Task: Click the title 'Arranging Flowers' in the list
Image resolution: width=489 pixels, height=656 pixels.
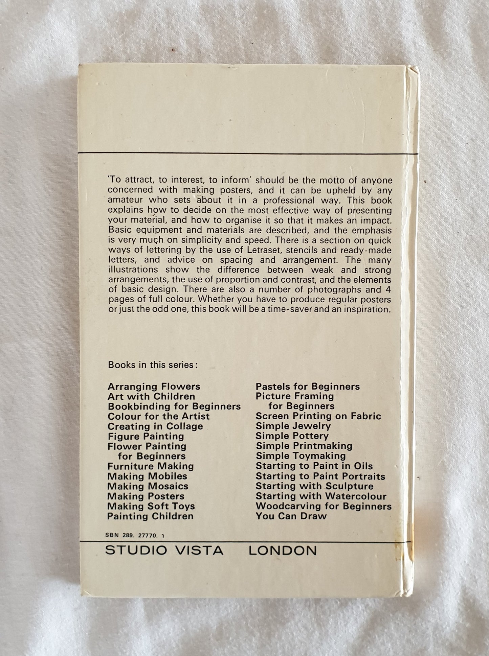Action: pyautogui.click(x=154, y=386)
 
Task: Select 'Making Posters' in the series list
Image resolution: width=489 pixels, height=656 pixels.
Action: pyautogui.click(x=146, y=496)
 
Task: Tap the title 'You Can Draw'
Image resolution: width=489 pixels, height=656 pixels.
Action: pyautogui.click(x=291, y=516)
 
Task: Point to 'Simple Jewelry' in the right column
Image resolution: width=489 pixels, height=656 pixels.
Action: pyautogui.click(x=293, y=426)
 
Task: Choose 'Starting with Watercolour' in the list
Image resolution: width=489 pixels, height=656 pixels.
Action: pyautogui.click(x=321, y=496)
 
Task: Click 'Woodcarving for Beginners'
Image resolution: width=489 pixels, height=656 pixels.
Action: pyautogui.click(x=324, y=506)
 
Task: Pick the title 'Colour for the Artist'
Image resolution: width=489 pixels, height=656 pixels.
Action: pyautogui.click(x=159, y=416)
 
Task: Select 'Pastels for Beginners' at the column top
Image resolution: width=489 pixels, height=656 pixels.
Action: pyautogui.click(x=308, y=386)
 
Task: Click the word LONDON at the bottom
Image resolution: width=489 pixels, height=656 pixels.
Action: pyautogui.click(x=283, y=550)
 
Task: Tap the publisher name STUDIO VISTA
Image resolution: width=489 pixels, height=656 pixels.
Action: pyautogui.click(x=164, y=550)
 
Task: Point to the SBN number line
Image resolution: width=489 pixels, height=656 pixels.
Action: pyautogui.click(x=136, y=536)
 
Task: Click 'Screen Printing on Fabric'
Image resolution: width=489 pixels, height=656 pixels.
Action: pyautogui.click(x=318, y=416)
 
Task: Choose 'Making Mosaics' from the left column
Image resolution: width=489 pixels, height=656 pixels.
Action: pyautogui.click(x=148, y=486)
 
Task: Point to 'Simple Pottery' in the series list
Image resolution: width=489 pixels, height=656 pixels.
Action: pyautogui.click(x=292, y=436)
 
